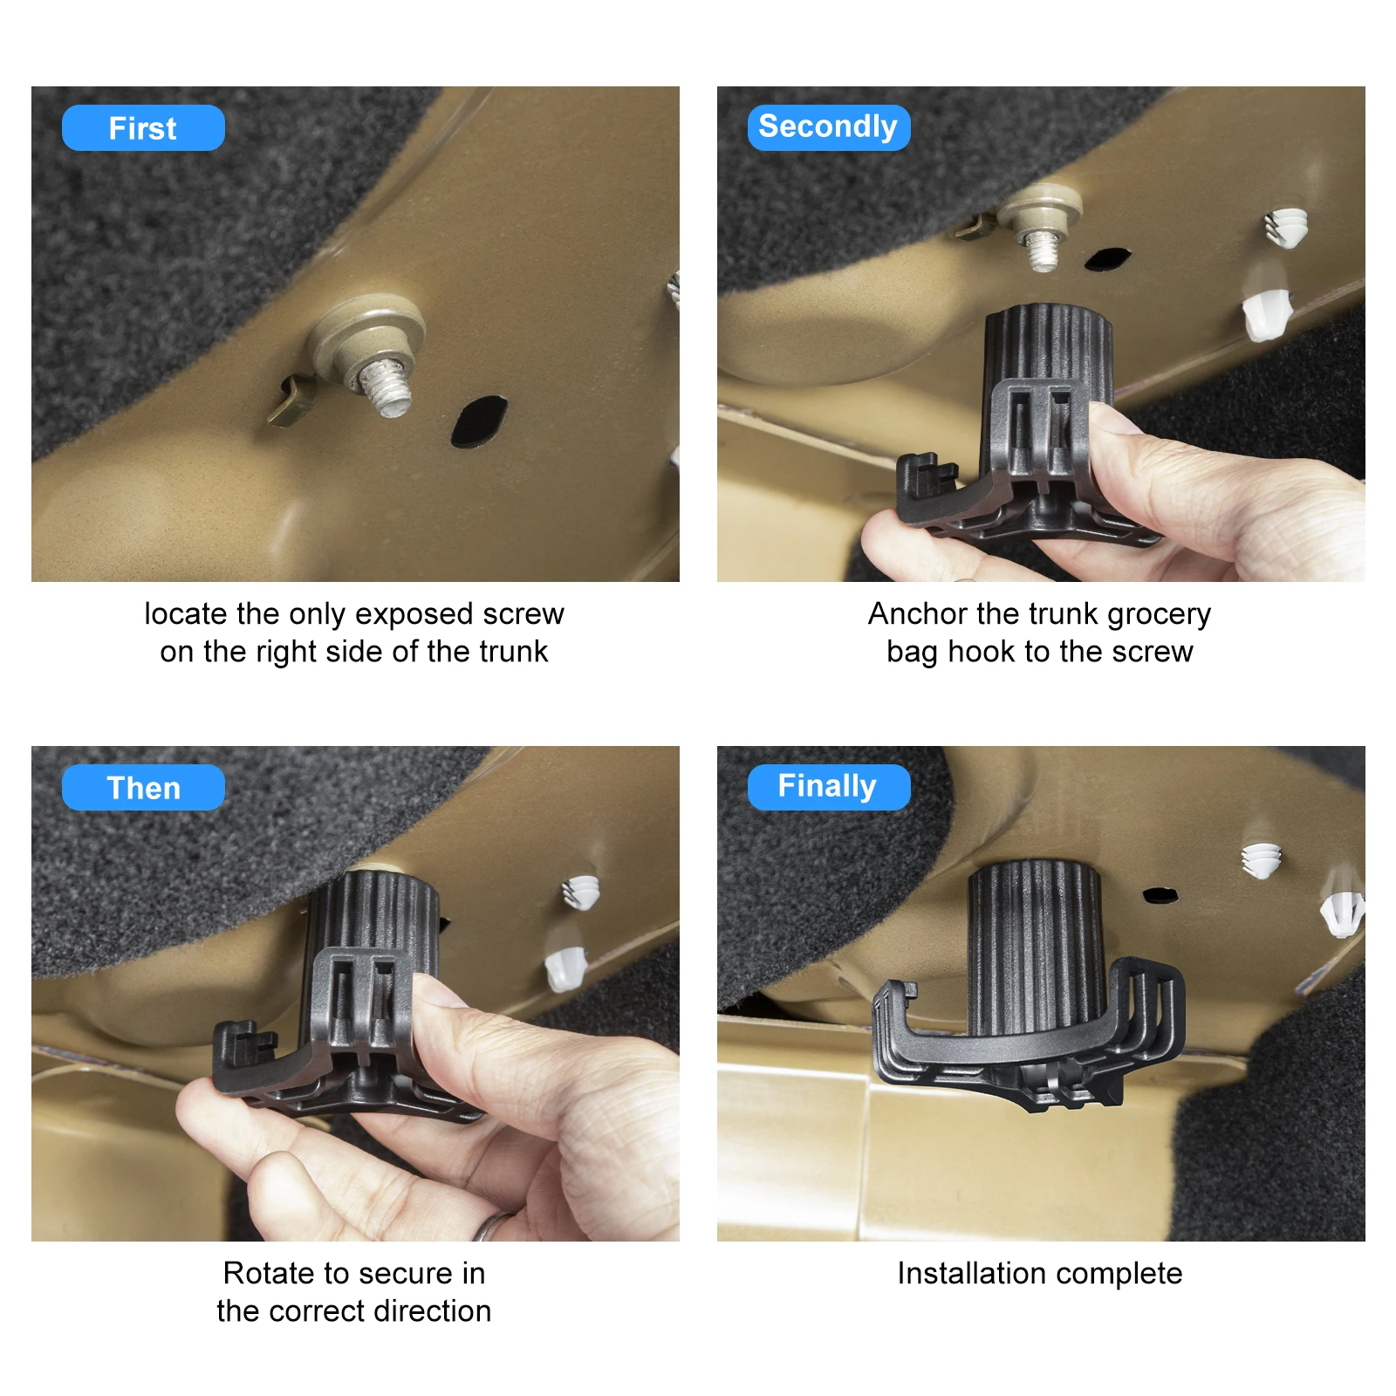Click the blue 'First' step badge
tap(143, 128)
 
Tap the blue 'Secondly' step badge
tap(829, 128)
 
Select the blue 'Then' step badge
tap(143, 788)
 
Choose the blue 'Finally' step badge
tap(829, 788)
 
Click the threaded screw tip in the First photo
tap(385, 387)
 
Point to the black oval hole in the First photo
tap(479, 421)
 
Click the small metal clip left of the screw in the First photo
tap(291, 400)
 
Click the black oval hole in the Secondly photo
tap(1107, 258)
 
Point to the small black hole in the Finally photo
tap(1160, 894)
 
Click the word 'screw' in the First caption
tap(523, 614)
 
